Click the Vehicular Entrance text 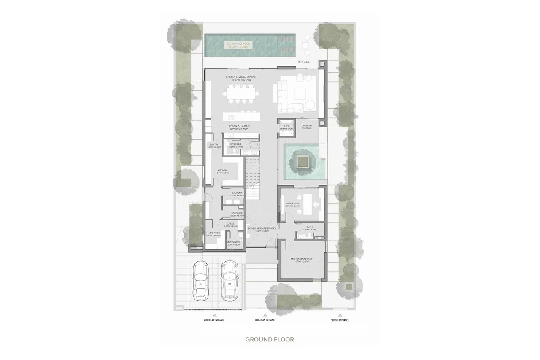coord(214,320)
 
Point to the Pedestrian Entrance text coord(265,320)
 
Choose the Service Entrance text coord(340,320)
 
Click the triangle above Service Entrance coord(340,315)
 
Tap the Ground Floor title coord(270,339)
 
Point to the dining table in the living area coord(239,93)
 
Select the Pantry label coord(213,145)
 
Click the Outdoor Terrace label coord(307,126)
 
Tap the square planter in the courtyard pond coord(302,161)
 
